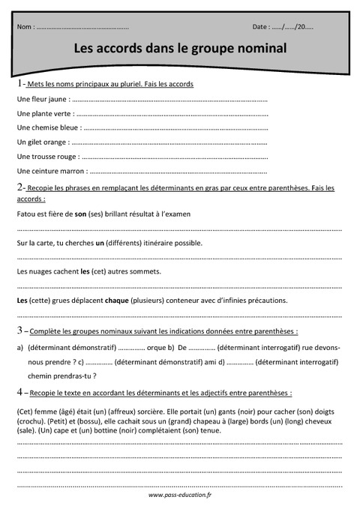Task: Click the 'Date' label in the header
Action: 260,27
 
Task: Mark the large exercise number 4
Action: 19,391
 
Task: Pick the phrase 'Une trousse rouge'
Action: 46,156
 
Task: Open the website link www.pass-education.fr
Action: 180,496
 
